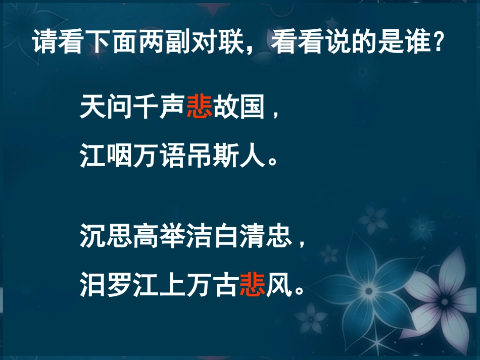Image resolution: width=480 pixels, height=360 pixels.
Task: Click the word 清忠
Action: click(266, 236)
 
